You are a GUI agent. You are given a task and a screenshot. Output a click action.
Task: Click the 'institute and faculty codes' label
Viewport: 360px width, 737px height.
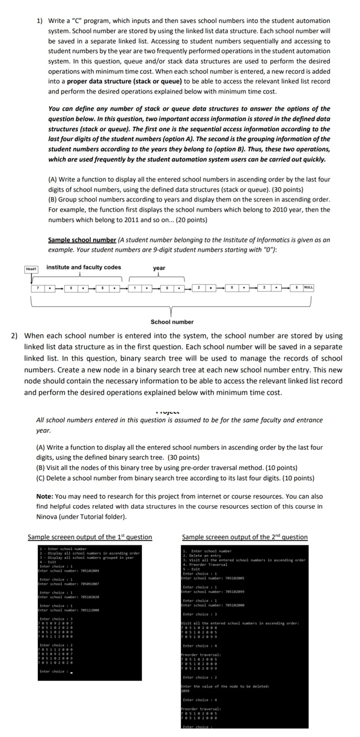[83, 267]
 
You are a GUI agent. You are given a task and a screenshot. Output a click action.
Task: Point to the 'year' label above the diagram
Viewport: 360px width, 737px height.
[159, 268]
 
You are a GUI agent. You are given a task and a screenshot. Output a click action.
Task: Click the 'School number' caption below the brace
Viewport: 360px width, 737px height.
[172, 322]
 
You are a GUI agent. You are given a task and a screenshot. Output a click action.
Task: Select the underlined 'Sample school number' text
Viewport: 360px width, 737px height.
[82, 240]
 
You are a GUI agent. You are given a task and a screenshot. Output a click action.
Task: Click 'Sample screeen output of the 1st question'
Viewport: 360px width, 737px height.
[90, 537]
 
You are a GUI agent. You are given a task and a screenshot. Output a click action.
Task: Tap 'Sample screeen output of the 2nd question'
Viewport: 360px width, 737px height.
[245, 537]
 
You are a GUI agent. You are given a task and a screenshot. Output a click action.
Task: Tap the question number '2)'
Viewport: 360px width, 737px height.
[15, 336]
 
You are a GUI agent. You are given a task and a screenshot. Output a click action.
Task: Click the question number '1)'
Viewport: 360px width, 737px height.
[40, 21]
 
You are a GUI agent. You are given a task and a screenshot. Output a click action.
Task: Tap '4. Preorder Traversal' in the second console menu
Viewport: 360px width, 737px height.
[205, 565]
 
